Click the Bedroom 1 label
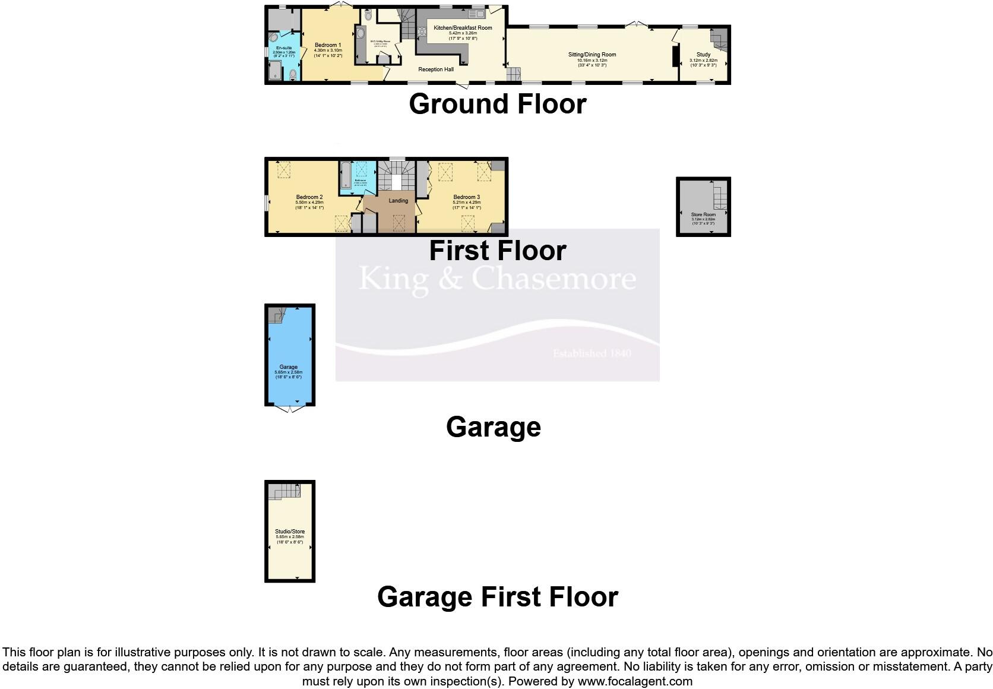point(328,45)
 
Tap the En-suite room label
point(283,48)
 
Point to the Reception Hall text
point(436,69)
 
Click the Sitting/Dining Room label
point(592,55)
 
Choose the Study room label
point(703,55)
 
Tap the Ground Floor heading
point(497,104)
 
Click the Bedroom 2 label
point(309,197)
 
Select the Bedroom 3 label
point(466,197)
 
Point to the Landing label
point(399,201)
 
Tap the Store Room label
point(703,214)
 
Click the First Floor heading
point(497,251)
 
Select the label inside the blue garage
point(289,367)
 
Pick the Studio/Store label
point(290,532)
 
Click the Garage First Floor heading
point(497,597)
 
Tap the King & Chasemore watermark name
point(497,278)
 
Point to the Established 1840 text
point(592,353)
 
